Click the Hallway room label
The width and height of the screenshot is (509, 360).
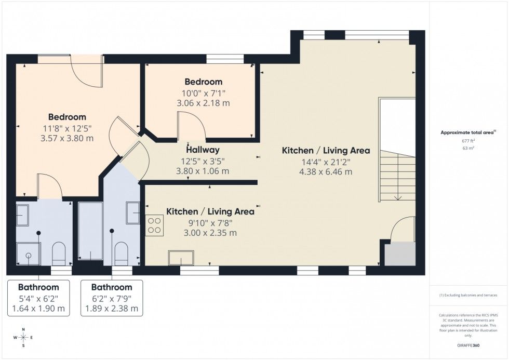point(203,150)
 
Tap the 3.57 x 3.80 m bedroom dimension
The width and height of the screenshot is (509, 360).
point(67,138)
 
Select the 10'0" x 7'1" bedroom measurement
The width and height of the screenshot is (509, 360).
point(203,94)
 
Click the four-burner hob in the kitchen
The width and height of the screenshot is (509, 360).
point(154,225)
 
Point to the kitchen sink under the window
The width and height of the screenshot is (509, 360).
point(181,258)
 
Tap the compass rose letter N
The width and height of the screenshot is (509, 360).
point(23,329)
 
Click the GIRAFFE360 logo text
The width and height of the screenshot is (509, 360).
point(468,345)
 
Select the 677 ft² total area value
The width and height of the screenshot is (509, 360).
point(468,141)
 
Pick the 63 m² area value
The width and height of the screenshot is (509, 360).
point(468,148)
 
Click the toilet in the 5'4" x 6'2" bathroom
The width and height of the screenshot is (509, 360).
point(59,254)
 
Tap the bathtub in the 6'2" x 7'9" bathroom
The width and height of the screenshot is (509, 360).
point(90,231)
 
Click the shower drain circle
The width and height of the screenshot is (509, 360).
point(29,255)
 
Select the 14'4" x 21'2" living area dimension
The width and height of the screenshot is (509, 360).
point(326,162)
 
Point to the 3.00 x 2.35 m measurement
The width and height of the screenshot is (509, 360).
point(210,233)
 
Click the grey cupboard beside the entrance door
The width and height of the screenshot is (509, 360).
point(400,254)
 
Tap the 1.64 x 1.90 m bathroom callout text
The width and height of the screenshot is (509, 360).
point(38,309)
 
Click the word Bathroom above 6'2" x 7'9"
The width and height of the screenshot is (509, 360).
point(112,287)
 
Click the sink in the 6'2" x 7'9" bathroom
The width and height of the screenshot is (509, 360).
point(133,212)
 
